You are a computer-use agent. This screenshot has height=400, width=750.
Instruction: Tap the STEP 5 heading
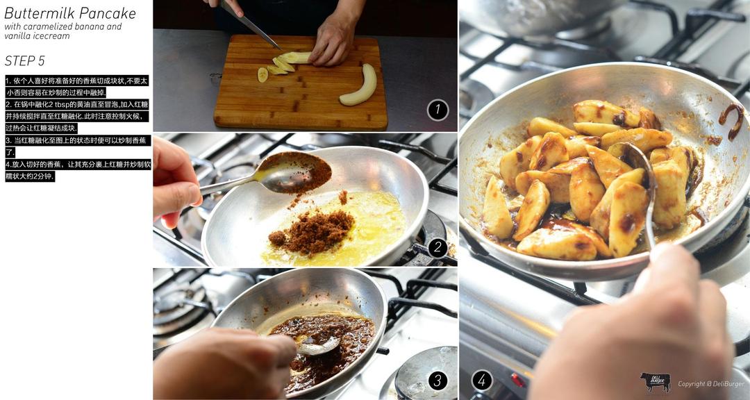pos(24,61)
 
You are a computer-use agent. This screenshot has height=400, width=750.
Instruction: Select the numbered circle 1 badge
pos(437,110)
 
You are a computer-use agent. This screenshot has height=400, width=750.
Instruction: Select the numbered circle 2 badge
pos(437,248)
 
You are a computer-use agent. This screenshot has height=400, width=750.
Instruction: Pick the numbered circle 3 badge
pos(437,381)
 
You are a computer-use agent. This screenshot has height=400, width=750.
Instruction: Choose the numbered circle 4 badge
pos(482,381)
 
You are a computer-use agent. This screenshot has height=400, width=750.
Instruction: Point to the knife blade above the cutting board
pos(250,24)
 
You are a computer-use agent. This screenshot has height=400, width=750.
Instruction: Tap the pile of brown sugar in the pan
pos(313,231)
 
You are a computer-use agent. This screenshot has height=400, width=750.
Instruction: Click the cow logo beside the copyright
pos(656,382)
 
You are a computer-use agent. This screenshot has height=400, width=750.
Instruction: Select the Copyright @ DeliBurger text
pos(711,384)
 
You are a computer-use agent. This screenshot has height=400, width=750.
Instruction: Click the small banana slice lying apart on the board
pos(262,74)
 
